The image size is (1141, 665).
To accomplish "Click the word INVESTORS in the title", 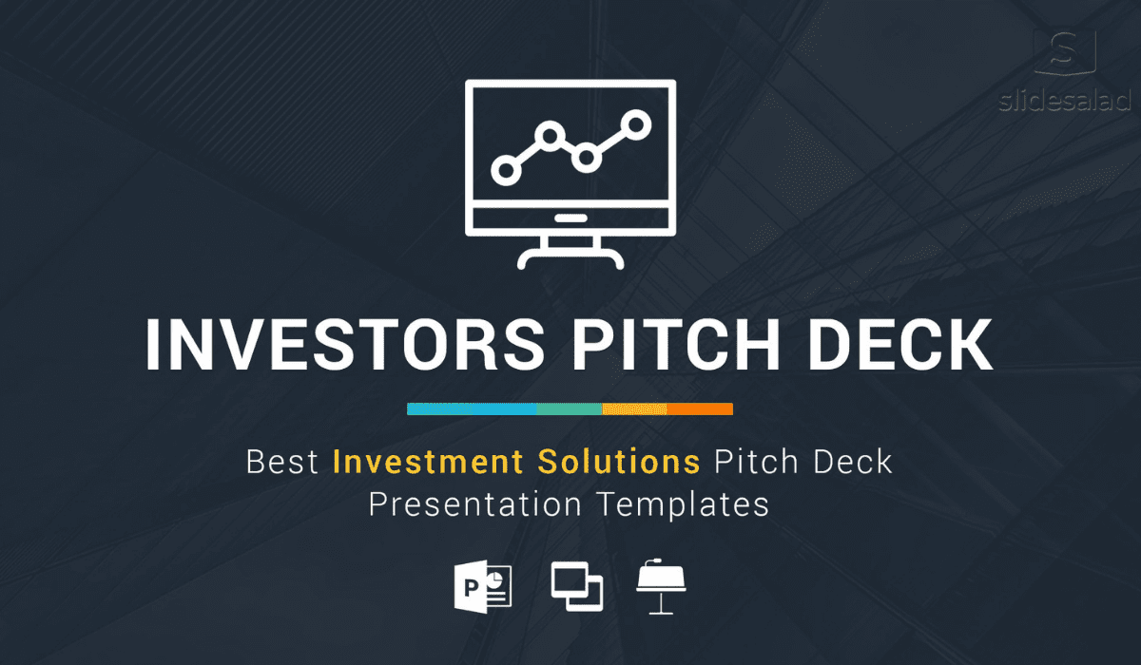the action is (345, 345).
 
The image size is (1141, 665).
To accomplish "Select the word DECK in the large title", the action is (900, 345).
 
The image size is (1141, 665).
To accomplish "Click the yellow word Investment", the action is (428, 462).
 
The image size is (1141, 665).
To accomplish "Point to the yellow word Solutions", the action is (619, 462).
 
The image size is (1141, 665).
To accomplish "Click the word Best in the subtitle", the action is (282, 462).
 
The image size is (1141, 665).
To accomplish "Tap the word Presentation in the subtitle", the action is (475, 504).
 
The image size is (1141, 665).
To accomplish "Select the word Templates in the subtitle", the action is (683, 505).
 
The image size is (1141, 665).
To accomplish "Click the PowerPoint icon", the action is (483, 587).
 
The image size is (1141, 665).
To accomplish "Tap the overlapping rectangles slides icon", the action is (577, 586).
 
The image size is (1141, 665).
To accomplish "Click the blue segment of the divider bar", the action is (472, 409).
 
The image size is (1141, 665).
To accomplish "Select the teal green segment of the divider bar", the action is (570, 409).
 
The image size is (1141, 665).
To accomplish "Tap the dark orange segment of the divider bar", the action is (700, 409).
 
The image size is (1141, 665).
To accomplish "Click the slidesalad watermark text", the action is (1065, 101).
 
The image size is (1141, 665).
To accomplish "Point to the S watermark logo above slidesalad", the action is (1065, 52).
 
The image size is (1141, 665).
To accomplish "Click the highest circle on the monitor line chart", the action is (636, 124).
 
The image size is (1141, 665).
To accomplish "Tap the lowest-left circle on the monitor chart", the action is (506, 170).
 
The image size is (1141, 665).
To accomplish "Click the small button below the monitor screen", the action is (571, 218).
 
